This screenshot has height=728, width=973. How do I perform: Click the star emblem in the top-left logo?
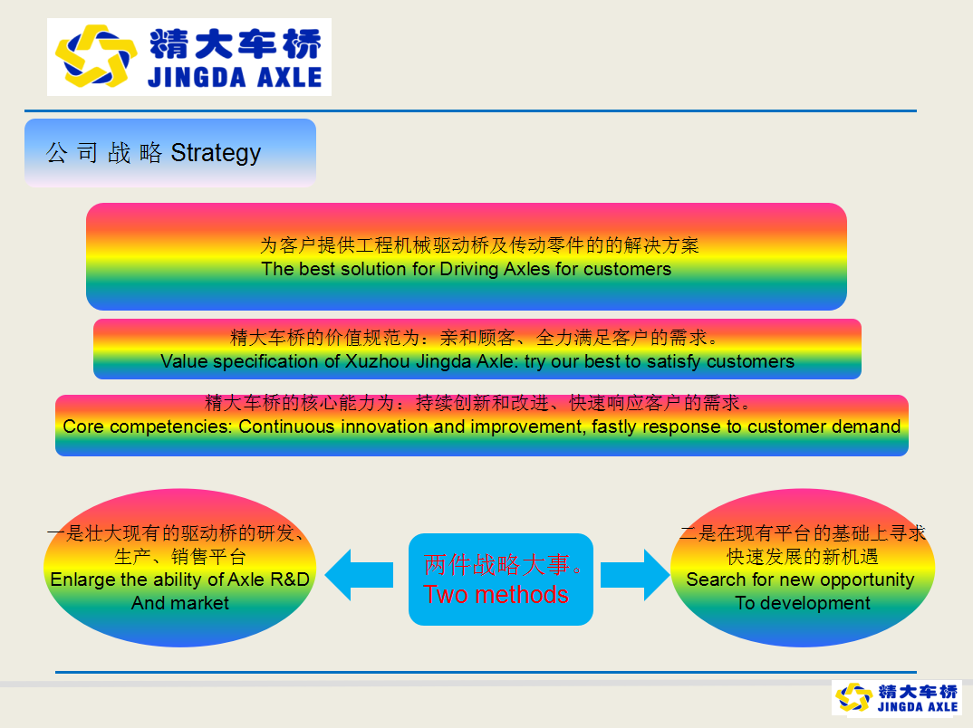(96, 55)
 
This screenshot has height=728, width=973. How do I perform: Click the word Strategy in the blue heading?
(216, 153)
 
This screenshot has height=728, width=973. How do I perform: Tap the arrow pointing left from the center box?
(360, 575)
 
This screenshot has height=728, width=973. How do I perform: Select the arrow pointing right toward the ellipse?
(635, 575)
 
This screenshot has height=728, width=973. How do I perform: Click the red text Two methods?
(496, 595)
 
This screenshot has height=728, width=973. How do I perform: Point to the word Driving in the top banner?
(469, 269)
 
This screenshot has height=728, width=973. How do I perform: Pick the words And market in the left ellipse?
(180, 603)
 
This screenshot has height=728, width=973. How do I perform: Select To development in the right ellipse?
(803, 603)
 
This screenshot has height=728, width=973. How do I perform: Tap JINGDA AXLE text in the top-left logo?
(235, 78)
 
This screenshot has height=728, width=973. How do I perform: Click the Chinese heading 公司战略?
(103, 153)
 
